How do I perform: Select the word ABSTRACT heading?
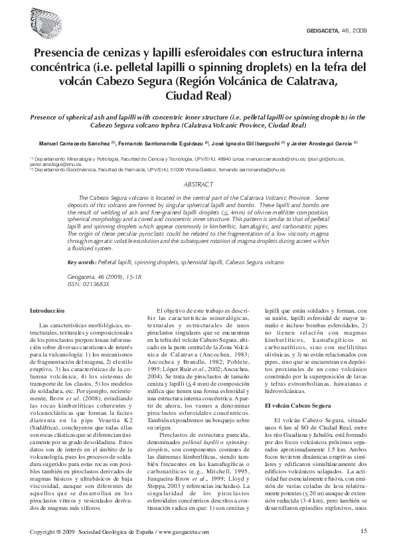(197, 185)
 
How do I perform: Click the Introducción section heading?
(46, 311)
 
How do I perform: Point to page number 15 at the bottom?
(363, 532)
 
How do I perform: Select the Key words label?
(84, 263)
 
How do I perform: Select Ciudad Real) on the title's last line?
(197, 96)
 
